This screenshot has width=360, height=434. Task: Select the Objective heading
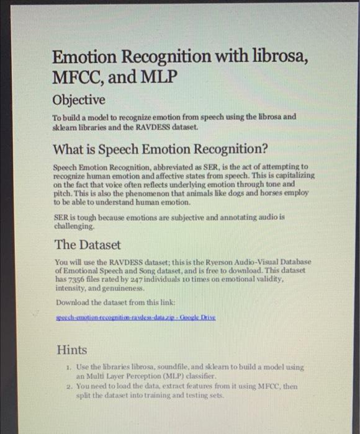coord(78,100)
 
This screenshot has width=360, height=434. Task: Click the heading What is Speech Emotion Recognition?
coord(160,149)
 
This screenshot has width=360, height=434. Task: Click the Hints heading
coord(72,350)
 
